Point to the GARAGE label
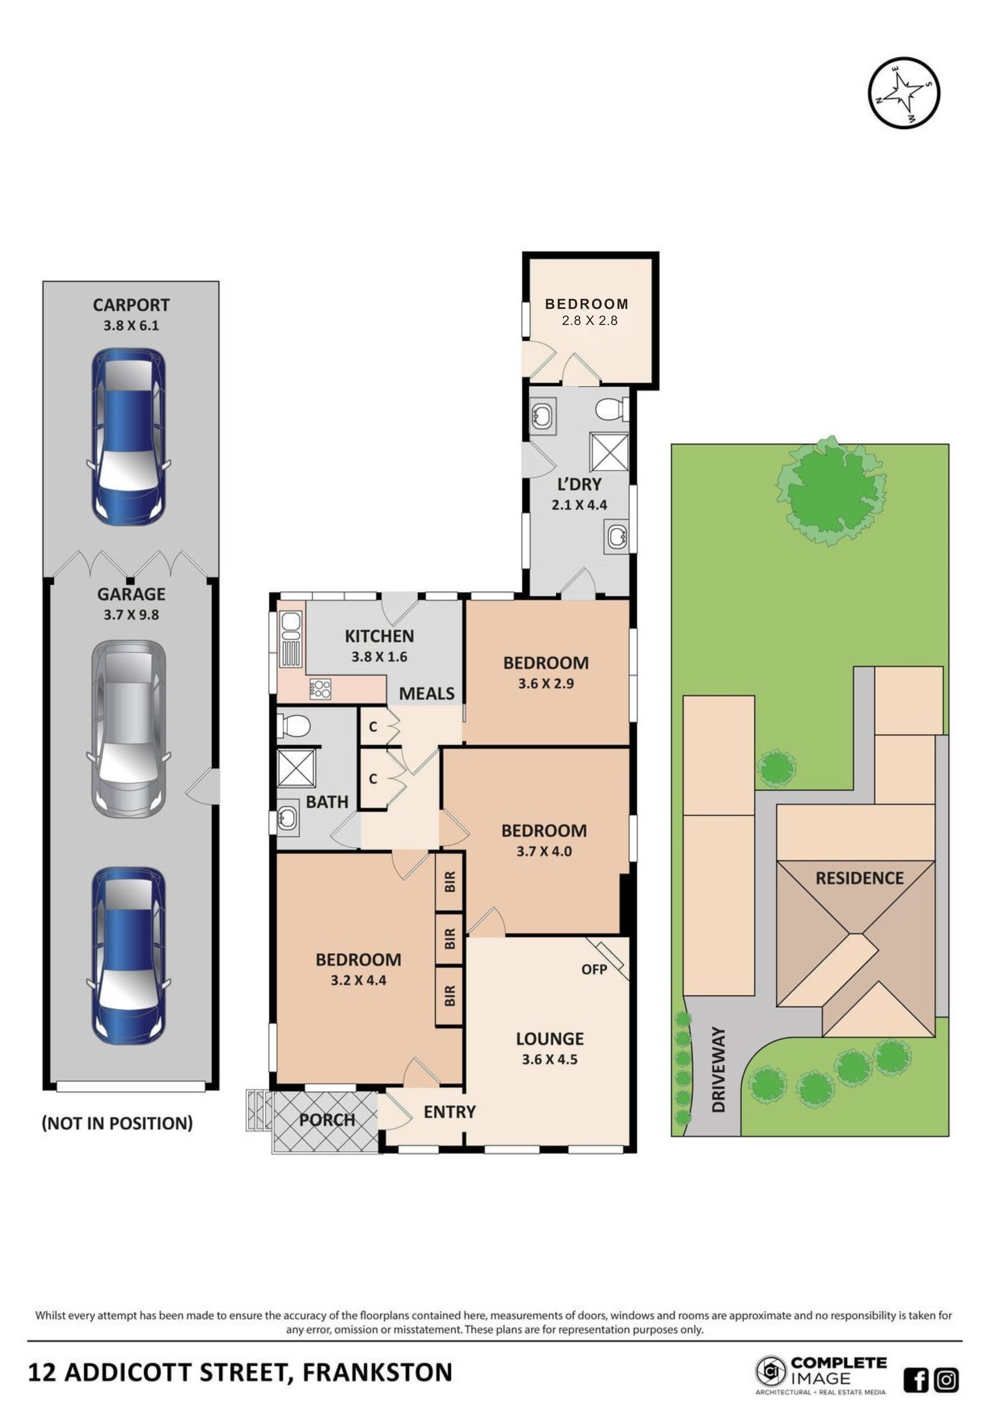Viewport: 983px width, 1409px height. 131,594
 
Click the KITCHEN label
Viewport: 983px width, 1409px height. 379,636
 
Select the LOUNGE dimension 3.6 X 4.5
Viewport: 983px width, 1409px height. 549,1059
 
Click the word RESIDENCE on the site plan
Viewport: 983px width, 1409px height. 859,878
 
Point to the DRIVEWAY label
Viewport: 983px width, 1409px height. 718,1070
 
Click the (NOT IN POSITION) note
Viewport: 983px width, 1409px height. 117,1123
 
